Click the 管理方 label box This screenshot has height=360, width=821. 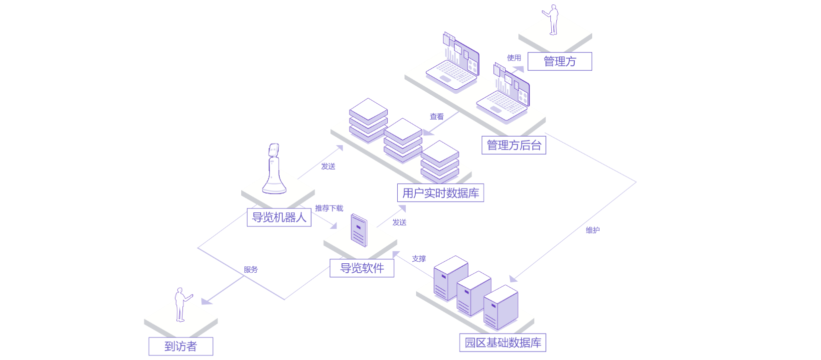coord(559,61)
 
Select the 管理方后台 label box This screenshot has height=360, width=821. coord(513,145)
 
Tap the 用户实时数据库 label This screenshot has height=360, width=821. coord(440,193)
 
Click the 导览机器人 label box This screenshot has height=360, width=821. coord(279,217)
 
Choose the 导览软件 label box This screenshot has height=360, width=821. coord(362,268)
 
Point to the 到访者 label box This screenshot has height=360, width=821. coord(180,346)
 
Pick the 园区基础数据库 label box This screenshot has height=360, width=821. coord(502,343)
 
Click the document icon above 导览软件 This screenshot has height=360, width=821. coord(359,230)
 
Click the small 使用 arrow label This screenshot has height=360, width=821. coord(514,58)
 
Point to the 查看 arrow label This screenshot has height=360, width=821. coord(437,117)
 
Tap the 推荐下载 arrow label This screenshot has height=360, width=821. coord(329,208)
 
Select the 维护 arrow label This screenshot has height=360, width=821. coord(592,230)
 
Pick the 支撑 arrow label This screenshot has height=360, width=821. coord(419,259)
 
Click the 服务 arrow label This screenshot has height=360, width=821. coord(251,270)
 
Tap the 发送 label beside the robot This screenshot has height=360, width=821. coord(328,167)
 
